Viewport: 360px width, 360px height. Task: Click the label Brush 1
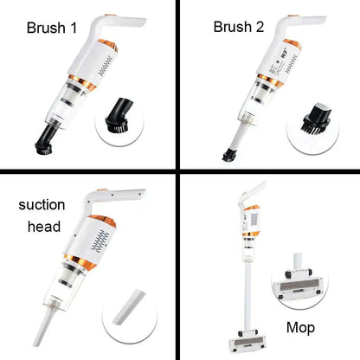click(52, 28)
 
